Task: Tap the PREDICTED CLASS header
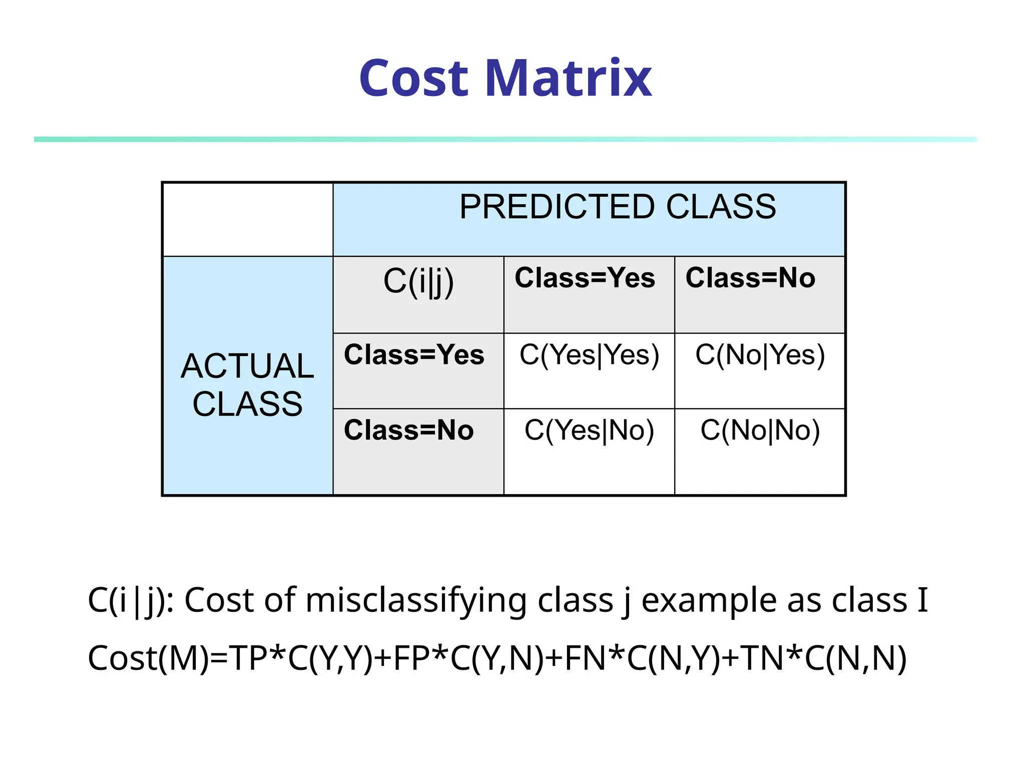tap(618, 207)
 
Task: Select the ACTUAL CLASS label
tap(247, 384)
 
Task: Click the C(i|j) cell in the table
tap(418, 281)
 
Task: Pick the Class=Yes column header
tap(585, 278)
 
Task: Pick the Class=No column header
tap(750, 278)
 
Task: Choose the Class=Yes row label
tap(414, 354)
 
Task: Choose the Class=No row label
tap(408, 430)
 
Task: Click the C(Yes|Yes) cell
tap(589, 355)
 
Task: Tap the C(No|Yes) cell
tap(760, 355)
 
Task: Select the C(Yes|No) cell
tap(589, 430)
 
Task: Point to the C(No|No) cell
tap(760, 430)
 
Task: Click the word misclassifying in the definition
tap(415, 600)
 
